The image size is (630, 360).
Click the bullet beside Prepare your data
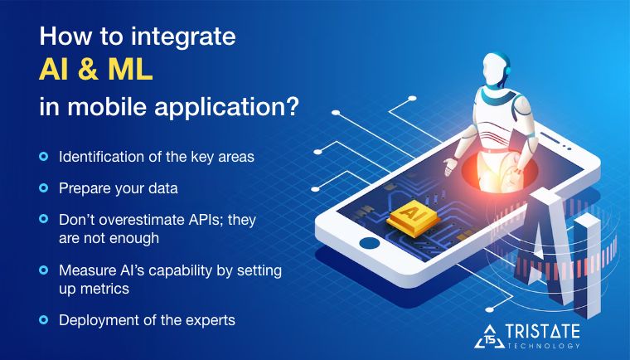coord(43,188)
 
